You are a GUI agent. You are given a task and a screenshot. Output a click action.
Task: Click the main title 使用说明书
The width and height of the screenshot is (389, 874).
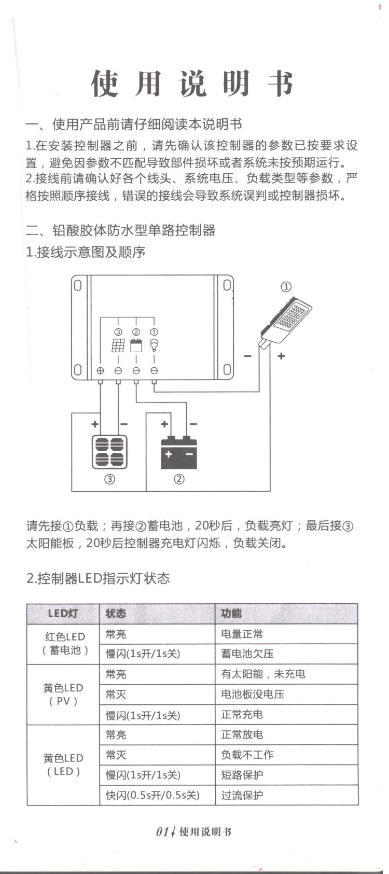(x=193, y=84)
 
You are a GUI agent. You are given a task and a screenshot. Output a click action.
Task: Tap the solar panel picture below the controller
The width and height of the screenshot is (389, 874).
(x=109, y=452)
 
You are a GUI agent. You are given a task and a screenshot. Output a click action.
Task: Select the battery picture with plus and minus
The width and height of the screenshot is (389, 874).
(x=179, y=453)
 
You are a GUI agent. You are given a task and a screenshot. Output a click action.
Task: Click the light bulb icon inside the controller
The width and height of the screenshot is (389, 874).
(x=154, y=345)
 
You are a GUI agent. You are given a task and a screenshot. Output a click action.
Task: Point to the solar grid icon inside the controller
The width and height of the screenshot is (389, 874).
(x=118, y=345)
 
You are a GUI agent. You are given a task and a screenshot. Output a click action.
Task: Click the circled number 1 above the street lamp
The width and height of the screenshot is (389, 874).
(x=286, y=287)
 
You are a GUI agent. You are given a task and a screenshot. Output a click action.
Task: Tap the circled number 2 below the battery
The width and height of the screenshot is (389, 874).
(x=179, y=479)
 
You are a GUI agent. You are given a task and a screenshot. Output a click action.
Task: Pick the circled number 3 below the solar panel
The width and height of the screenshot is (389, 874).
(x=109, y=479)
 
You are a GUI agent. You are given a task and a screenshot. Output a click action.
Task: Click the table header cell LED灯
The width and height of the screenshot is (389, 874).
(x=63, y=614)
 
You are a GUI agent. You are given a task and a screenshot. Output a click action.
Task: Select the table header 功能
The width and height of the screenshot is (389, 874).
(x=231, y=614)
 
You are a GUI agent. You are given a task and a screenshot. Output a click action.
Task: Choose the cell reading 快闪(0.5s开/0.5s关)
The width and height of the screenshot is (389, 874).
(x=152, y=795)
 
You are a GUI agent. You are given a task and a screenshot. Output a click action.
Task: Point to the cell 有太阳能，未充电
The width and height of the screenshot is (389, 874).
(x=263, y=674)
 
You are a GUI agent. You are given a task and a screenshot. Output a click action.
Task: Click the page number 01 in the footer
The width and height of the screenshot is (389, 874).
(x=162, y=832)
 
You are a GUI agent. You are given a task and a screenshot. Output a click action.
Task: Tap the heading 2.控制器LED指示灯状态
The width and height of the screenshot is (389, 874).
(x=98, y=578)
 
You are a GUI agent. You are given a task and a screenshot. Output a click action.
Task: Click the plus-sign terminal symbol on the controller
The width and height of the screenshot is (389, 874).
(x=101, y=370)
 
